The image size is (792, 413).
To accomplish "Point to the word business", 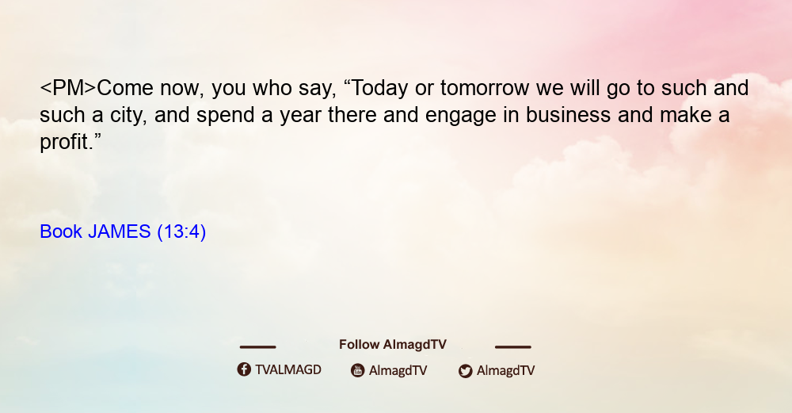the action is click(x=568, y=115).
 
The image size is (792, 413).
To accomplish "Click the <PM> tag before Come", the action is click(x=67, y=88).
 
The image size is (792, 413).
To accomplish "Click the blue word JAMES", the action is click(x=120, y=231).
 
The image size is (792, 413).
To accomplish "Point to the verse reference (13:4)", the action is click(x=181, y=232).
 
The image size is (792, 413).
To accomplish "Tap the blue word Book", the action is click(x=61, y=231).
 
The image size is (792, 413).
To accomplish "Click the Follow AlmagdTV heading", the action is click(x=393, y=345).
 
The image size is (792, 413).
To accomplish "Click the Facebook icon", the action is click(x=244, y=369).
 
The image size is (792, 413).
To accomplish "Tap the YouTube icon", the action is click(x=358, y=370).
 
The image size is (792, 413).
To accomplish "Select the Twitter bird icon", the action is click(x=465, y=371).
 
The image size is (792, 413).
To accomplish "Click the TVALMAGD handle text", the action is click(x=288, y=370).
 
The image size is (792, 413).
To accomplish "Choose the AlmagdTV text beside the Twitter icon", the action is click(x=505, y=370).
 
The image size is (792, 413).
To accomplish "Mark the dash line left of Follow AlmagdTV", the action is click(x=257, y=346).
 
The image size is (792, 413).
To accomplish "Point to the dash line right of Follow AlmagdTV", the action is click(x=512, y=346).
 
